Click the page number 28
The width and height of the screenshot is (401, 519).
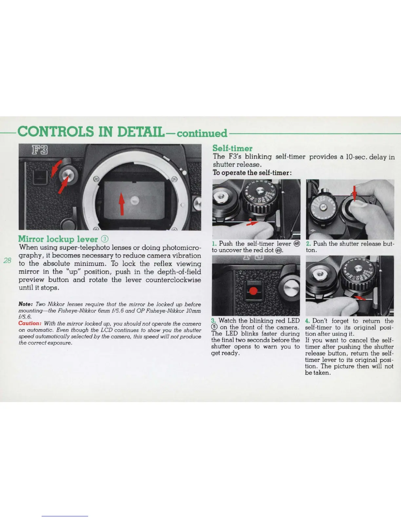tap(7, 261)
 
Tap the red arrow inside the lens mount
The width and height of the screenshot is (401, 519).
tap(122, 203)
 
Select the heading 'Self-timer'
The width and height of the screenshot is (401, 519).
tap(232, 148)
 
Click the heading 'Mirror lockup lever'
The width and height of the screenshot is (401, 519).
tap(58, 239)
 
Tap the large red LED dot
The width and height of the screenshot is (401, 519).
tap(254, 291)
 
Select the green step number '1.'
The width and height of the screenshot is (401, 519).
tap(214, 244)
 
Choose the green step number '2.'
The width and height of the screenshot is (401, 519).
tap(308, 244)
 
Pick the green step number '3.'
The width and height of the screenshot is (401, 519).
tap(214, 321)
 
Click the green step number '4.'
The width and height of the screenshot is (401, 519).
tap(307, 321)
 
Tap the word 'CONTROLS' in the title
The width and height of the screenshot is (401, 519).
tap(55, 132)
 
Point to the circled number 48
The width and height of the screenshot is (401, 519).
tap(297, 244)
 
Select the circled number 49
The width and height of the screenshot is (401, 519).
tap(278, 250)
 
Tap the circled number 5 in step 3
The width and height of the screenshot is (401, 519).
tap(214, 327)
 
